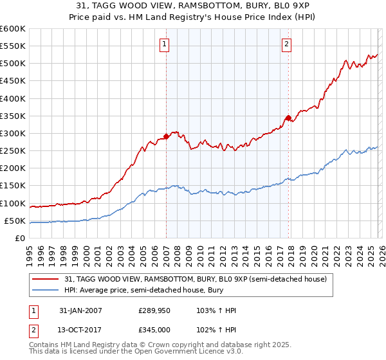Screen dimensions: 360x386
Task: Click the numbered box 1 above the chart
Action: pos(165,44)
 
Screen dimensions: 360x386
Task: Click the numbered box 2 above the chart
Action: pos(286,44)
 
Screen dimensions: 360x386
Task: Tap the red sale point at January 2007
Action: pos(166,136)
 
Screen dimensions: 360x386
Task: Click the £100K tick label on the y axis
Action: pos(12,203)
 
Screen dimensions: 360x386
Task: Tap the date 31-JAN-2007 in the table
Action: pos(80,310)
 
